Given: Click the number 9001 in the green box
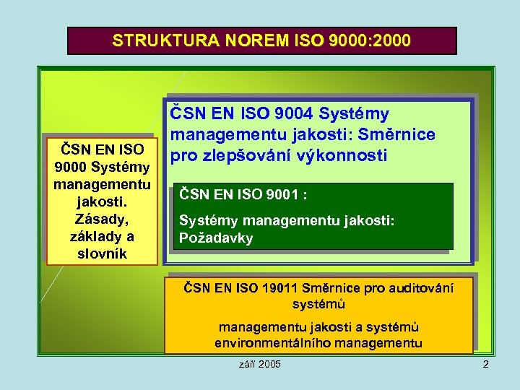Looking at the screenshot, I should pos(280,194).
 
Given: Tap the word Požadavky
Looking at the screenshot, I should pos(216,238).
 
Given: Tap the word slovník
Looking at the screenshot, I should pos(101,253).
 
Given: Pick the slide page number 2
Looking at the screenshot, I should pos(485,364).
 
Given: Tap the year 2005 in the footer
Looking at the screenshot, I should pos(268,364).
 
